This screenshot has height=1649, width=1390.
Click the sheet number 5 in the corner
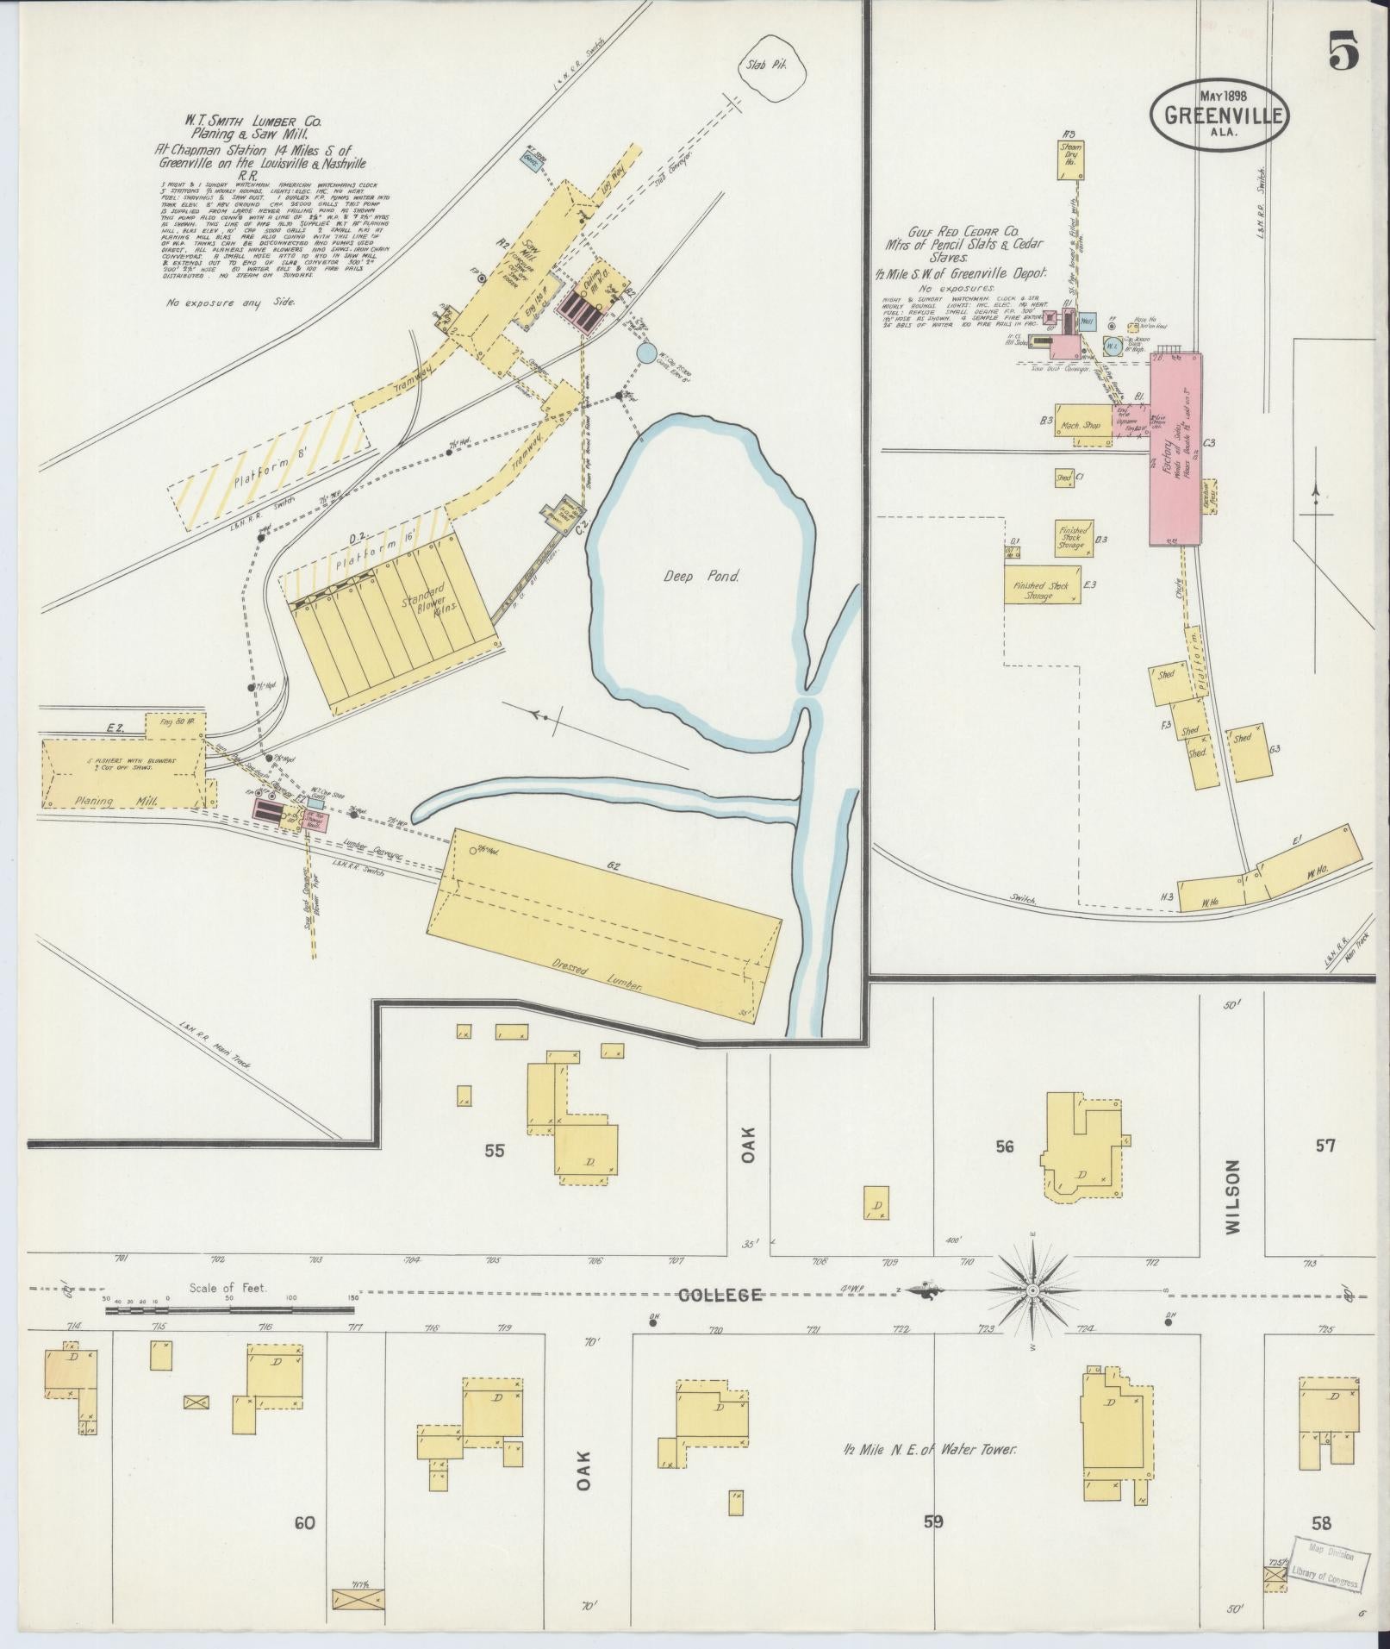[1342, 54]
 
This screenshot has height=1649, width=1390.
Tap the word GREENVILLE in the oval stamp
[1219, 115]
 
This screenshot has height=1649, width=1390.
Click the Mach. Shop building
[1081, 425]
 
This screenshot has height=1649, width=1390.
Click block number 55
[494, 1150]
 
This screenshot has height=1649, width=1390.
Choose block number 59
[933, 1522]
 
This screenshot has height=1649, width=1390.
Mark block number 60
[304, 1523]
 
